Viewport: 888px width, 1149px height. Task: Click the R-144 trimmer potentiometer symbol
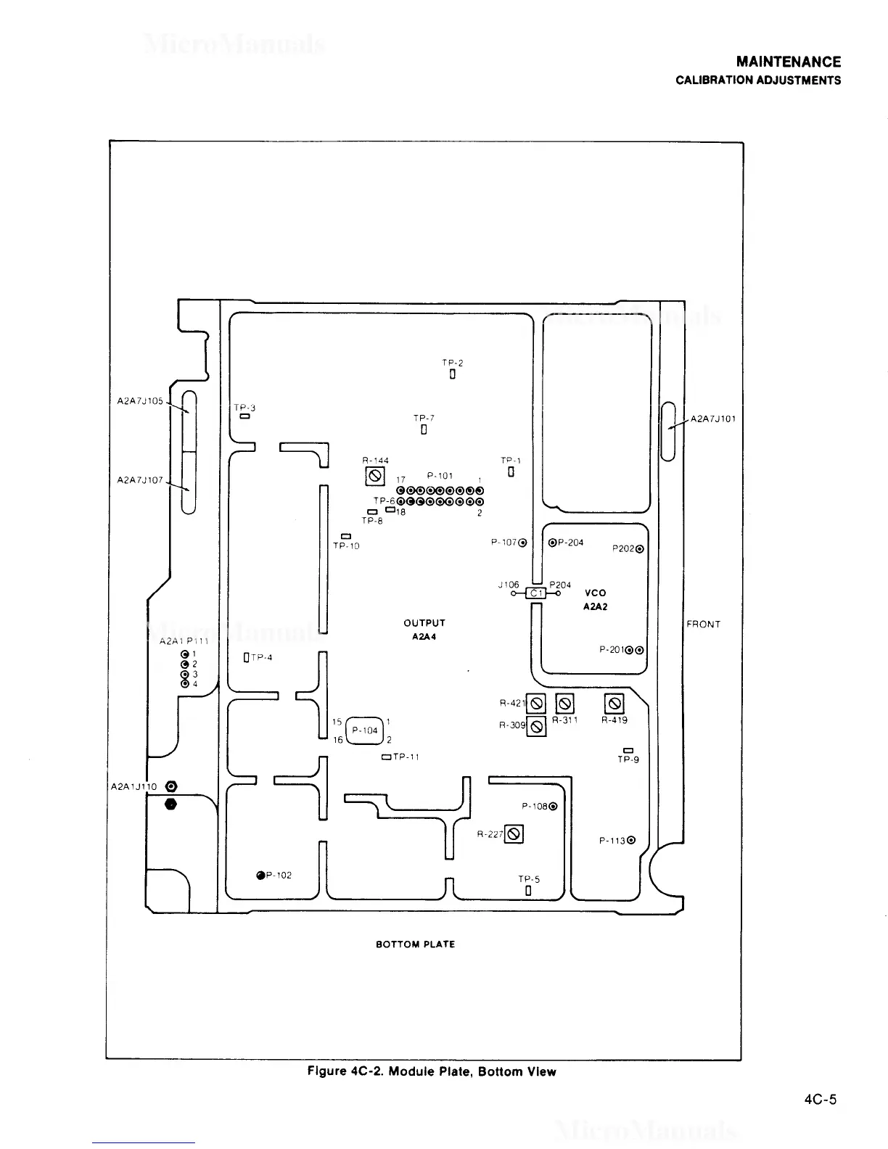[x=375, y=476]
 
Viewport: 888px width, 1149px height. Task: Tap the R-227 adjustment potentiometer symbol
[x=514, y=834]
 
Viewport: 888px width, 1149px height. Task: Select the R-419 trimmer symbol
[x=614, y=703]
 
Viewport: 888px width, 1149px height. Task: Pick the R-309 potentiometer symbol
[x=536, y=726]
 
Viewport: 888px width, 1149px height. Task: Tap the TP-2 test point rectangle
[x=453, y=375]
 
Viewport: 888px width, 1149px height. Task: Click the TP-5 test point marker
[x=529, y=891]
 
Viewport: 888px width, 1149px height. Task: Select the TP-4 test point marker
[x=247, y=658]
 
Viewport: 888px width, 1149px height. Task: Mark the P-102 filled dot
[x=260, y=876]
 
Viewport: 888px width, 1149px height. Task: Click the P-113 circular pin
[x=631, y=841]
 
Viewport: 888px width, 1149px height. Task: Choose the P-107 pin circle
[x=522, y=543]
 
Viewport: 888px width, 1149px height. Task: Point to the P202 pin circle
[x=639, y=549]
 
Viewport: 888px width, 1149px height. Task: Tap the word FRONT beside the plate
[x=703, y=625]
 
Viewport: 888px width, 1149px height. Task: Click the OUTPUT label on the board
[x=424, y=623]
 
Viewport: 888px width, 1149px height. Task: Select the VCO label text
[x=595, y=593]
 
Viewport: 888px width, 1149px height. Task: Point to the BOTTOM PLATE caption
[x=416, y=944]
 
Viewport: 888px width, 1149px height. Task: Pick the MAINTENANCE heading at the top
[x=789, y=62]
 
